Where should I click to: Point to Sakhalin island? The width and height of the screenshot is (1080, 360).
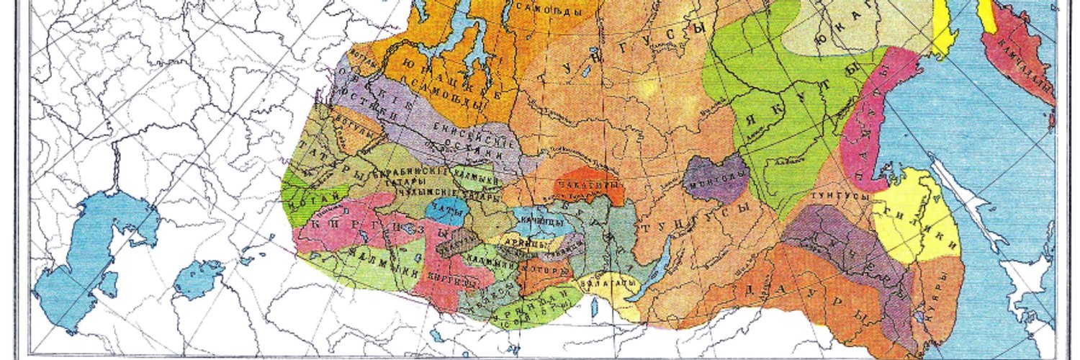pyautogui.click(x=968, y=194)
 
